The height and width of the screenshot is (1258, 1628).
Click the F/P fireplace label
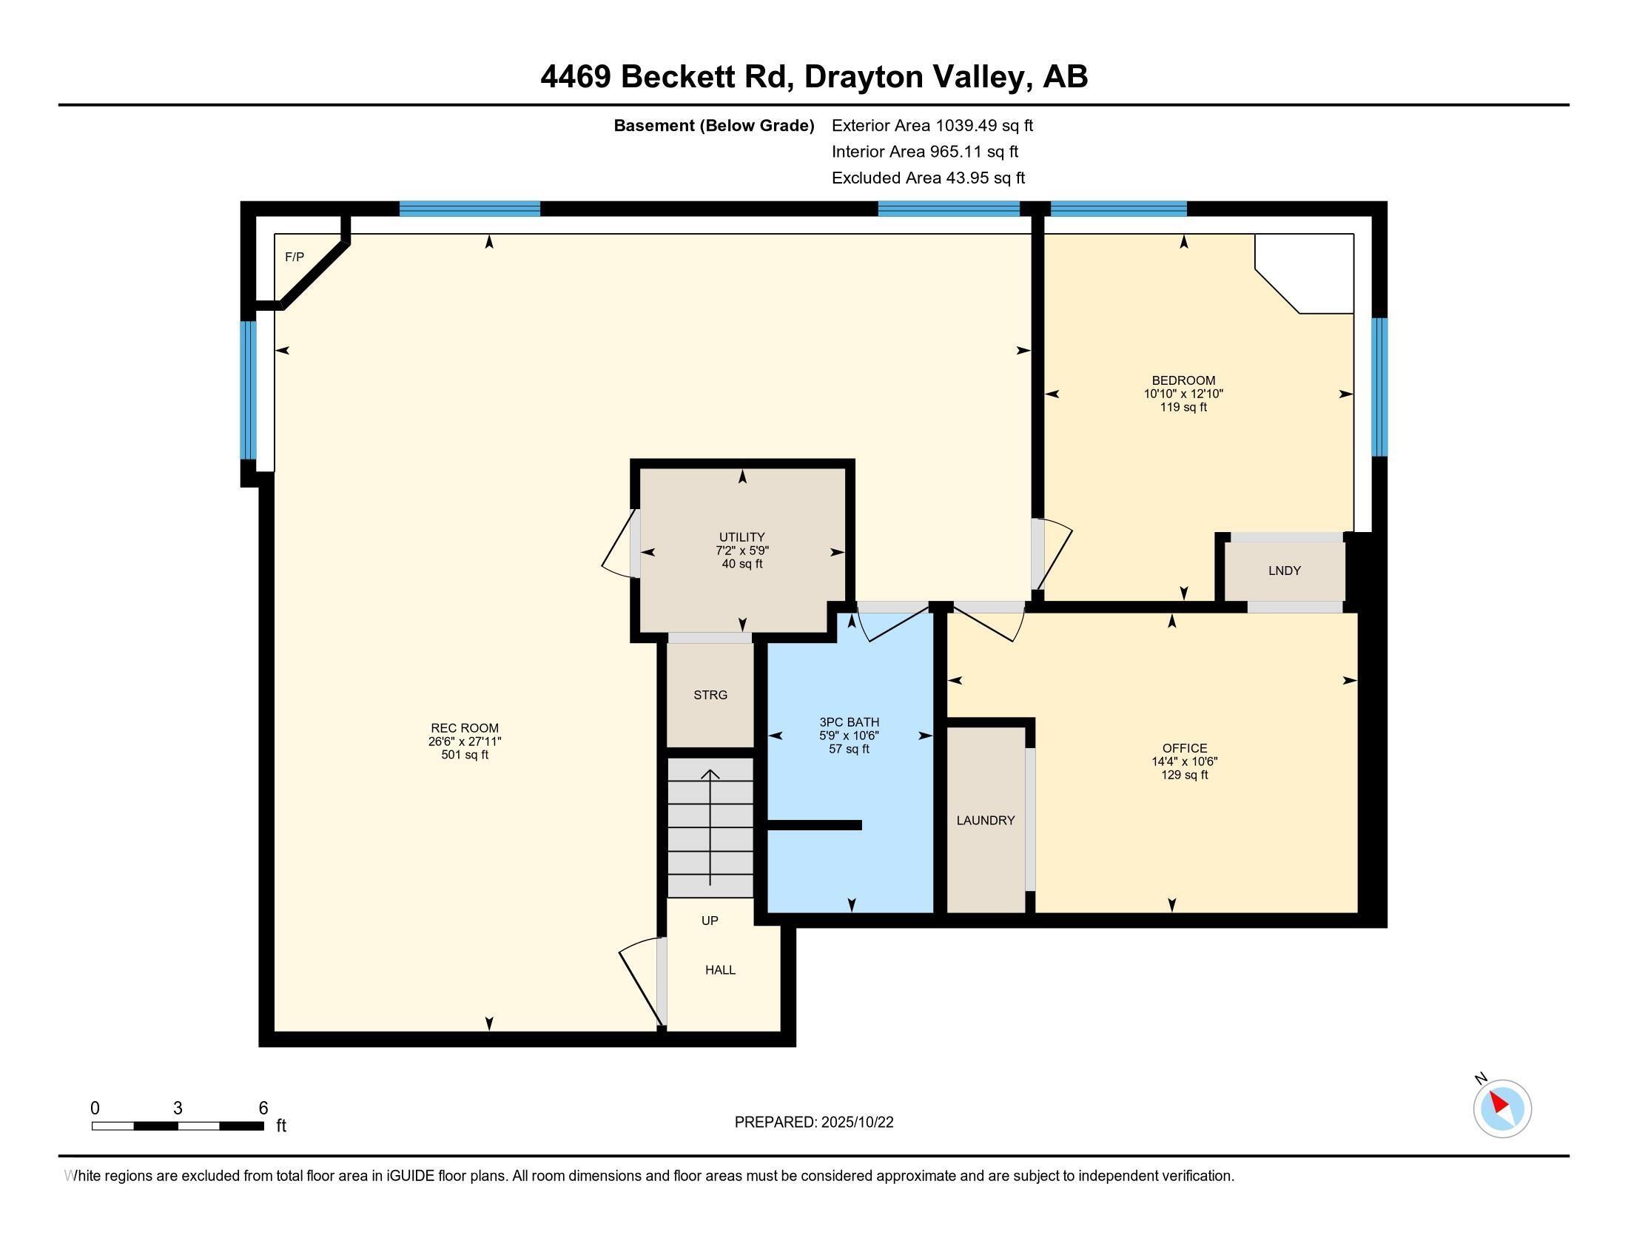click(295, 258)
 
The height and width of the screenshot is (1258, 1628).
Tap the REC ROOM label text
click(465, 728)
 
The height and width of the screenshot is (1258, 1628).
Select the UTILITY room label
click(741, 536)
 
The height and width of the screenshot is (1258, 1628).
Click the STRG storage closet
click(710, 695)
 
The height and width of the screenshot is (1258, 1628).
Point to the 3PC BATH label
click(849, 722)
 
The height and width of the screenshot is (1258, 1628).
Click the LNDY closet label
click(1285, 571)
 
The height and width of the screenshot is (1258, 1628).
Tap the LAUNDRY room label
click(986, 821)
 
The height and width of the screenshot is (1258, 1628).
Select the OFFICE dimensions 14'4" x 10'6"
click(1184, 761)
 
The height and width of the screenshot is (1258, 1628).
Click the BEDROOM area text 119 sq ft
click(1183, 408)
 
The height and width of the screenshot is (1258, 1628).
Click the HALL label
click(720, 970)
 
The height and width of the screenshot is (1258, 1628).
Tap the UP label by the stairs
click(710, 921)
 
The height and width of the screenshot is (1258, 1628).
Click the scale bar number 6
click(263, 1109)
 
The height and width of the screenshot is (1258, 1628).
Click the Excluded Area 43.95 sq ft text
click(928, 178)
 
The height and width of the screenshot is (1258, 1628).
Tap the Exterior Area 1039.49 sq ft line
click(932, 126)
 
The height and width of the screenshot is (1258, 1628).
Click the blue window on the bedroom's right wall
click(1380, 387)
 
